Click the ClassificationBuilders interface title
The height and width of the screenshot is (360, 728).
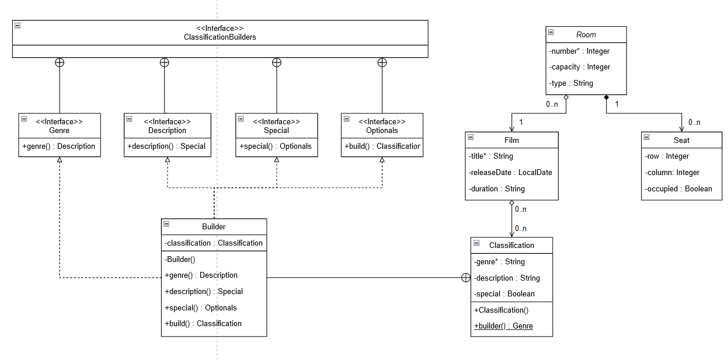click(x=220, y=37)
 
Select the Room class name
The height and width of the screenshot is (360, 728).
click(x=586, y=34)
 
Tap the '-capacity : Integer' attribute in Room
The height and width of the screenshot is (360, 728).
click(x=579, y=67)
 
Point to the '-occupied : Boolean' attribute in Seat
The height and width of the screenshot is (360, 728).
click(x=678, y=189)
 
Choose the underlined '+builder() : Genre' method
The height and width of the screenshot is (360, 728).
click(x=503, y=326)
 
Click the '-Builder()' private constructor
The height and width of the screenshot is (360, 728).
click(x=180, y=259)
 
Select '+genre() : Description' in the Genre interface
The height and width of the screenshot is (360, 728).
click(x=59, y=146)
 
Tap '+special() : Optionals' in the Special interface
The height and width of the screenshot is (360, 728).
click(x=276, y=146)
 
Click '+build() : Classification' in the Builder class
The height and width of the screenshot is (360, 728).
click(x=203, y=324)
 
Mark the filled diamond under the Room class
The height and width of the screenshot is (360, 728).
click(x=607, y=97)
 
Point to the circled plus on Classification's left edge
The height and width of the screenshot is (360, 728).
click(x=466, y=278)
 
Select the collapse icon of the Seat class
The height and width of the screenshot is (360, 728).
click(x=647, y=137)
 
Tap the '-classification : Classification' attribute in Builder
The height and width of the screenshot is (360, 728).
click(x=214, y=243)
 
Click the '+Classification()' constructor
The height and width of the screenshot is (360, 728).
click(x=501, y=310)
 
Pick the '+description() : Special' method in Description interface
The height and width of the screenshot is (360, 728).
click(x=166, y=146)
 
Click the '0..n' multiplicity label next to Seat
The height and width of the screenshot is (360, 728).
click(x=694, y=123)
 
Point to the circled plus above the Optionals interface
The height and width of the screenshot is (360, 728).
click(x=382, y=62)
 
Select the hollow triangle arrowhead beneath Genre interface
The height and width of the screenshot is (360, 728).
click(x=60, y=160)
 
